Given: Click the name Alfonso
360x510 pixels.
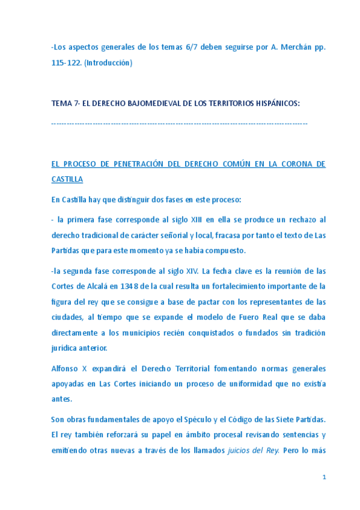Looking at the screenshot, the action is pos(65,366).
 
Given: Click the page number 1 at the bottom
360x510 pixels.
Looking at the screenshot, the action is pos(324,477).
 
